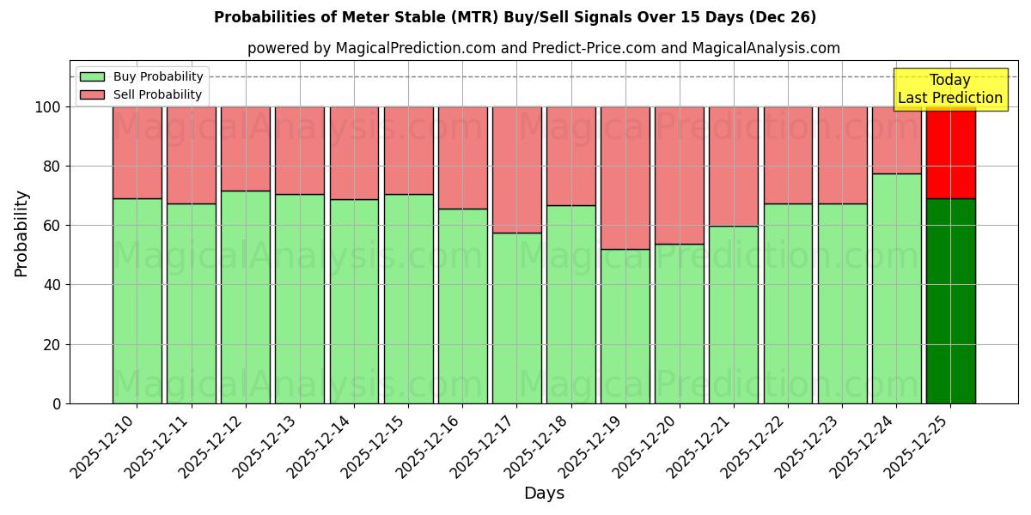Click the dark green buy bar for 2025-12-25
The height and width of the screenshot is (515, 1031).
pyautogui.click(x=950, y=300)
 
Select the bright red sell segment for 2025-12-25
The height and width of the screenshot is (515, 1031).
pyautogui.click(x=950, y=153)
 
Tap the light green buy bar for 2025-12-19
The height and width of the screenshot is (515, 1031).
pyautogui.click(x=625, y=326)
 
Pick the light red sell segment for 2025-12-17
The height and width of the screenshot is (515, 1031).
pyautogui.click(x=516, y=169)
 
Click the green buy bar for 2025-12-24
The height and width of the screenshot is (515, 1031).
pyautogui.click(x=896, y=288)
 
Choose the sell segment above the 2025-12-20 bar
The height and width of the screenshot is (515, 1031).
pyautogui.click(x=680, y=175)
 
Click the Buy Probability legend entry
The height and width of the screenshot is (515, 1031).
pyautogui.click(x=142, y=76)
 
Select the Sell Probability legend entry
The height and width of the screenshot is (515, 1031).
pyautogui.click(x=142, y=94)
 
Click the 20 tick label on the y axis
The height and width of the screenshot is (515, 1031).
pyautogui.click(x=53, y=345)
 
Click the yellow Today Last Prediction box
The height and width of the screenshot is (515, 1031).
pyautogui.click(x=949, y=89)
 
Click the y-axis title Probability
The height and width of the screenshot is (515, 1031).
pyautogui.click(x=21, y=233)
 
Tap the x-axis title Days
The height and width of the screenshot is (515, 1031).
pyautogui.click(x=544, y=494)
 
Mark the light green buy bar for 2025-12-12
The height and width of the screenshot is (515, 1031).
pyautogui.click(x=246, y=296)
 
